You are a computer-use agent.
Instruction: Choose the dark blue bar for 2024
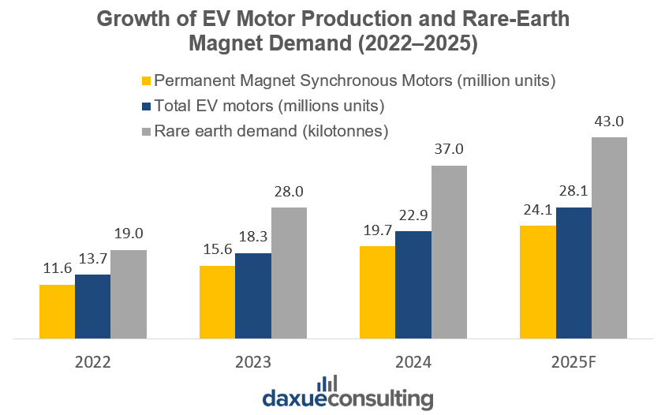tap(413, 285)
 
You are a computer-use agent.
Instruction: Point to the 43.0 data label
tap(610, 122)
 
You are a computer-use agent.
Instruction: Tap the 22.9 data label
tap(413, 216)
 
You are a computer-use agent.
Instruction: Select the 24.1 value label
tap(538, 211)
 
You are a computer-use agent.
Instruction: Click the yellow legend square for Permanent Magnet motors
tap(146, 80)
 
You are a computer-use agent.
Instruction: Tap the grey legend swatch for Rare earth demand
tap(146, 130)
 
